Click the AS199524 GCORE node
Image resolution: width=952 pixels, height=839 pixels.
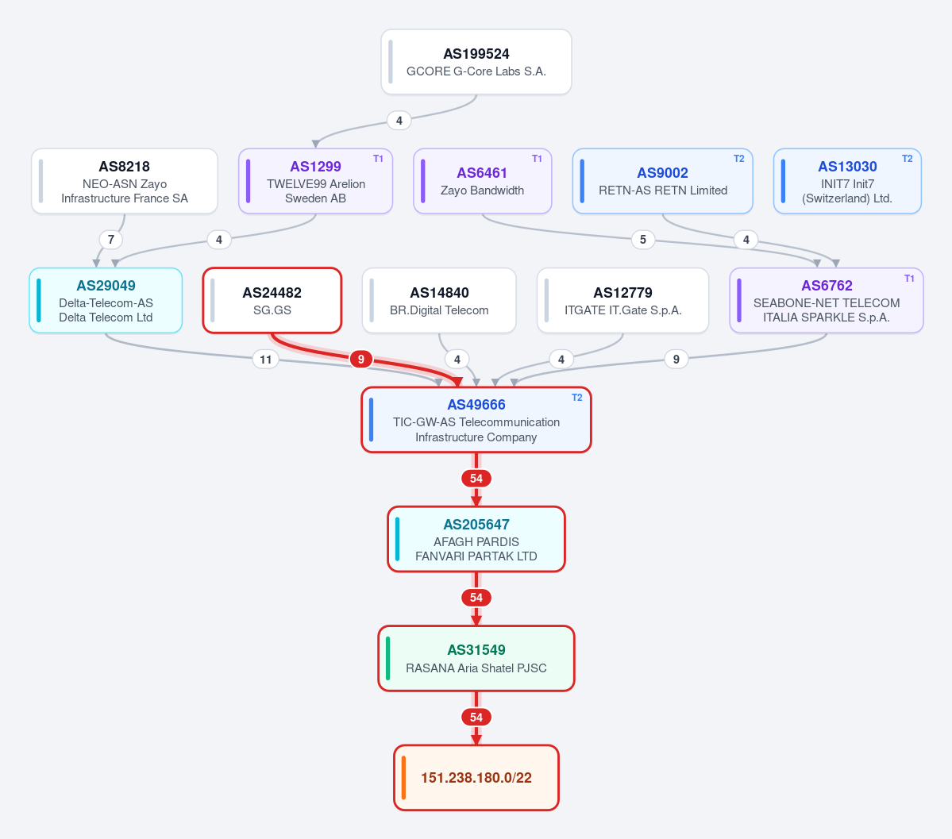point(476,62)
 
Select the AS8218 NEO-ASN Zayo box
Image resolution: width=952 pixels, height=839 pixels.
point(125,181)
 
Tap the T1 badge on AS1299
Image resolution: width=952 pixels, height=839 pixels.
point(378,159)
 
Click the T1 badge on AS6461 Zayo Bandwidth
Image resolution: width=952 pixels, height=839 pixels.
point(537,159)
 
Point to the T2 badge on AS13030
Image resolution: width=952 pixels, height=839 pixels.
point(907,159)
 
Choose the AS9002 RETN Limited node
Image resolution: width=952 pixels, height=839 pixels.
point(662,181)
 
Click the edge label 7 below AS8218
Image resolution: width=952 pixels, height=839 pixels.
point(111,240)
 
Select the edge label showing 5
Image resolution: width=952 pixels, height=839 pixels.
point(643,240)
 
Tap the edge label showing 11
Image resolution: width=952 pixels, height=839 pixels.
point(266,360)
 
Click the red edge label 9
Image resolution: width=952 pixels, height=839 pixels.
point(361,360)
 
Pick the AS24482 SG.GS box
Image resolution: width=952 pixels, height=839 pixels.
point(272,301)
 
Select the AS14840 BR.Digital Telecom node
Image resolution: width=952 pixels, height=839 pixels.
point(439,301)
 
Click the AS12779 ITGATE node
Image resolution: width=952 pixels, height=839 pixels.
point(623,301)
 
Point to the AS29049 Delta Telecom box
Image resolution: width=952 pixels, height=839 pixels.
point(106,301)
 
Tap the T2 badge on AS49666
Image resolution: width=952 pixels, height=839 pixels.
point(576,398)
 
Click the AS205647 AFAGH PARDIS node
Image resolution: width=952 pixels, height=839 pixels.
point(476,539)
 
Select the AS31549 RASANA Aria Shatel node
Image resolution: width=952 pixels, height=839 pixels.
point(476,659)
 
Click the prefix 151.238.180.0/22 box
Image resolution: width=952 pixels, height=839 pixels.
point(476,778)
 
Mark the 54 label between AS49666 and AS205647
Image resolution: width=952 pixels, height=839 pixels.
point(476,479)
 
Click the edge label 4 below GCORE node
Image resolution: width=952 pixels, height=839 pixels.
point(399,121)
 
